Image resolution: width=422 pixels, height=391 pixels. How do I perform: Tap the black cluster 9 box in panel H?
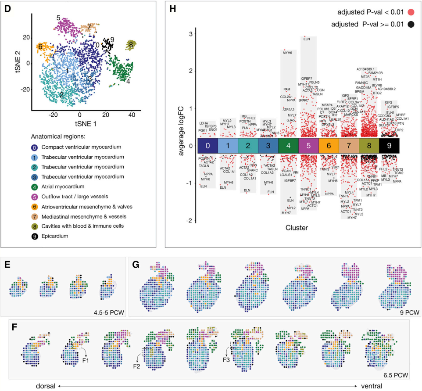(x=389, y=146)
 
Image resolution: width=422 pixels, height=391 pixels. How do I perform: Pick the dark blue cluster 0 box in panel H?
(x=207, y=146)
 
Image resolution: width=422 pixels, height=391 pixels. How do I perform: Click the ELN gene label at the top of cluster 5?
(x=307, y=39)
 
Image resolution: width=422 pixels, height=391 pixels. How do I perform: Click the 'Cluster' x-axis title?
(x=297, y=228)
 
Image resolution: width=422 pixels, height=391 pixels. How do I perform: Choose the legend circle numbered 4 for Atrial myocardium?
(x=34, y=186)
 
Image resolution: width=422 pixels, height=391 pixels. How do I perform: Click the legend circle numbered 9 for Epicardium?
(x=34, y=236)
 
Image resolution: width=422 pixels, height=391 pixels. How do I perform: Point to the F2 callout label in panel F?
(x=138, y=364)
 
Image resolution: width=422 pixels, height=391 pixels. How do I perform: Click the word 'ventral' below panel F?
(x=371, y=386)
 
